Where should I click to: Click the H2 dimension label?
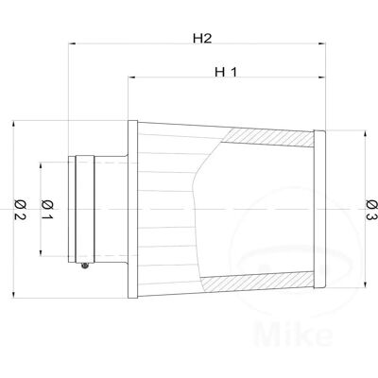click(202, 39)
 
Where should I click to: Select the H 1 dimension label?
click(226, 72)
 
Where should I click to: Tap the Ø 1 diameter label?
click(47, 210)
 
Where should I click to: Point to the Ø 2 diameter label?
click(20, 210)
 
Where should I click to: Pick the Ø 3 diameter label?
click(372, 210)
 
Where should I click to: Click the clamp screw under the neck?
click(84, 266)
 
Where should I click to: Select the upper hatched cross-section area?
click(267, 138)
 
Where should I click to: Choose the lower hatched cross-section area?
click(258, 282)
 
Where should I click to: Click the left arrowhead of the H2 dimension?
click(72, 43)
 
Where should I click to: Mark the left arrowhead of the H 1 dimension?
click(131, 77)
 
